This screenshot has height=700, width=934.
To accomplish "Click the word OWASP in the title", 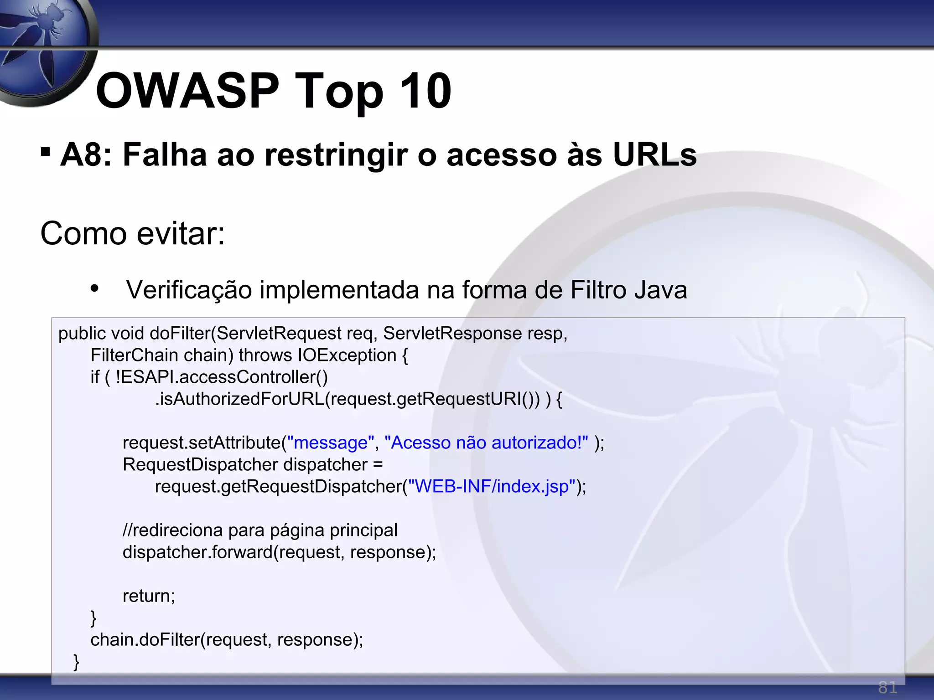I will pyautogui.click(x=187, y=91).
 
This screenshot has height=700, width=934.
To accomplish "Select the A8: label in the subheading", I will pyautogui.click(x=86, y=155).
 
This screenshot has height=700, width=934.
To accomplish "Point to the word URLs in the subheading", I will pyautogui.click(x=654, y=155).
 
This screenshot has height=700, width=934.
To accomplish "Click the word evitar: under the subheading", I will pyautogui.click(x=181, y=234).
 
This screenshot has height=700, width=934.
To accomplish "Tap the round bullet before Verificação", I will pyautogui.click(x=94, y=288).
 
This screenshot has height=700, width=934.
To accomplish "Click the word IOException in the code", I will pyautogui.click(x=347, y=355).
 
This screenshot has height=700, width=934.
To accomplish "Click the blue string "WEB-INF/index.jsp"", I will pyautogui.click(x=492, y=487).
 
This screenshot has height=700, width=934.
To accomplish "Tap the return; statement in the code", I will pyautogui.click(x=149, y=596).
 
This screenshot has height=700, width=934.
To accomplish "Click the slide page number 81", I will pyautogui.click(x=887, y=687).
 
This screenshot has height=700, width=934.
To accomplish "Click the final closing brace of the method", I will pyautogui.click(x=76, y=661).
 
